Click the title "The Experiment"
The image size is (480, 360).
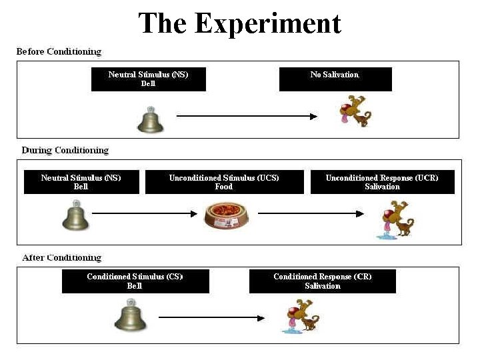pos(239,23)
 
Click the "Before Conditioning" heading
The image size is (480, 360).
pos(59,51)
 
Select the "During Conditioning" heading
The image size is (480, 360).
pos(65,150)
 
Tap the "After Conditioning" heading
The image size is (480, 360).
pos(61,257)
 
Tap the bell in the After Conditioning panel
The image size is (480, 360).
pos(129,315)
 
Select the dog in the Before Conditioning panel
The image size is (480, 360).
pos(355,111)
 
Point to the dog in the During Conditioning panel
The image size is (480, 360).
pos(395,219)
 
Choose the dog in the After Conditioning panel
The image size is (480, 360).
pos(301,316)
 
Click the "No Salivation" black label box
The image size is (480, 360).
pos(335,79)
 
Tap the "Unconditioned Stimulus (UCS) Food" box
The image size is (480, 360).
pos(224,182)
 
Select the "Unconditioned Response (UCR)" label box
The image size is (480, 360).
pos(382,182)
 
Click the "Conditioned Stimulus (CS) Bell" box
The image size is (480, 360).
pos(135,281)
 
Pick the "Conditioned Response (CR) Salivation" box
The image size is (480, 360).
pos(322,281)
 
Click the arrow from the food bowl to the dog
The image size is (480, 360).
pos(311,213)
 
